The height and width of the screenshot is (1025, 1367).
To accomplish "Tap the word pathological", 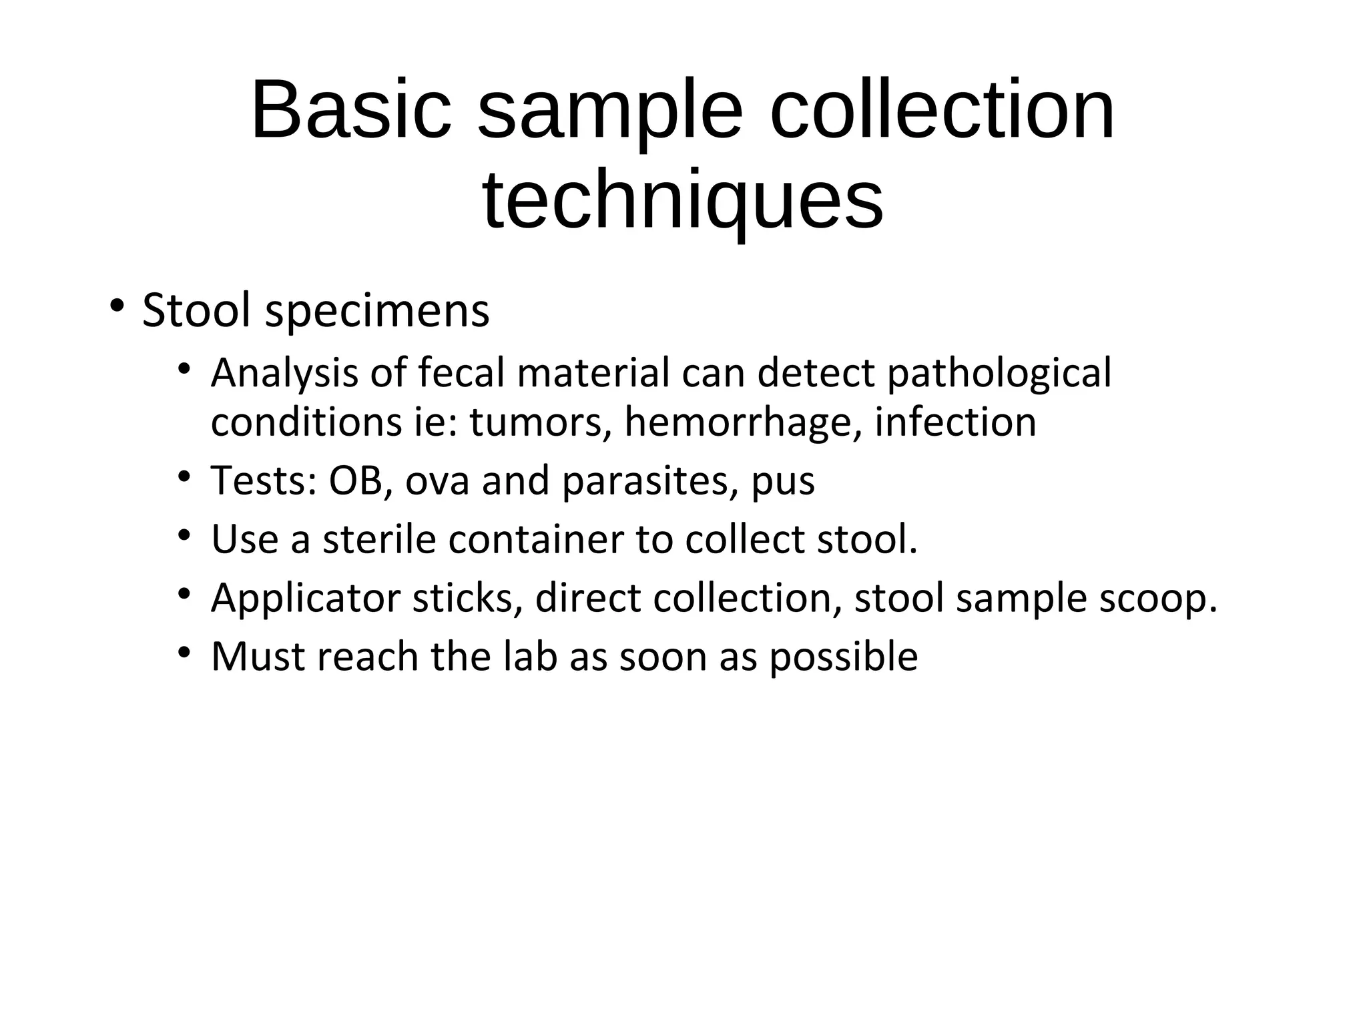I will pyautogui.click(x=999, y=374).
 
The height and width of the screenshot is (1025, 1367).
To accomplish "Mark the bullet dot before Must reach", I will pyautogui.click(x=185, y=651).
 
